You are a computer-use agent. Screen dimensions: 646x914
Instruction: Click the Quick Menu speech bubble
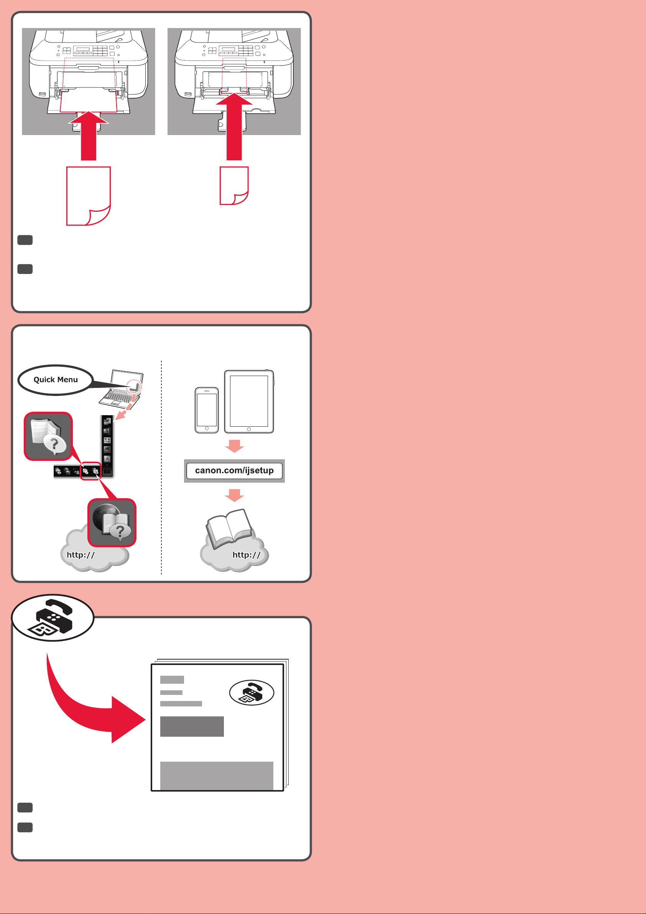click(56, 380)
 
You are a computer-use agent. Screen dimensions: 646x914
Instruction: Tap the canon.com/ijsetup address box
click(234, 470)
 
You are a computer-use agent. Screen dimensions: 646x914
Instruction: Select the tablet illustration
click(249, 401)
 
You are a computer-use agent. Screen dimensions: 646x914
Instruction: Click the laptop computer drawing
click(121, 389)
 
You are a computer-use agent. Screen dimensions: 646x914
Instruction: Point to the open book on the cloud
click(230, 529)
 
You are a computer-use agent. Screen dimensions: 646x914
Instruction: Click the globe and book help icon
click(112, 522)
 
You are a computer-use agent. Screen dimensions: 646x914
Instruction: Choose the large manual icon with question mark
click(48, 436)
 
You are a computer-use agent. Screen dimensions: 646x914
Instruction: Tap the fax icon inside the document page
click(252, 693)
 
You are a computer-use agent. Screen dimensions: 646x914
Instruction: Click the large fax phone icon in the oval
click(53, 617)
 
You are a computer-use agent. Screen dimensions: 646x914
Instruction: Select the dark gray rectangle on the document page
click(192, 726)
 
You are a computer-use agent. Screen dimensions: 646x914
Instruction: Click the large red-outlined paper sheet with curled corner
click(88, 196)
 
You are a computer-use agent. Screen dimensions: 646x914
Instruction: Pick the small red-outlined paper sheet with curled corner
click(234, 185)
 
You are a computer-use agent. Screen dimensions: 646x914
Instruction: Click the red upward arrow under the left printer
click(89, 136)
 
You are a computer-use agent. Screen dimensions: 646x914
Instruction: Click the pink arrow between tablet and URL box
click(234, 446)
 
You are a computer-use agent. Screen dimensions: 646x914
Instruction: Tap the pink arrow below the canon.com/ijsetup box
click(234, 496)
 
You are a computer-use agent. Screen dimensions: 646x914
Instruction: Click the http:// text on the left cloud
click(81, 555)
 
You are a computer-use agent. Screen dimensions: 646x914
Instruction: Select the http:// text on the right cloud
click(247, 555)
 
